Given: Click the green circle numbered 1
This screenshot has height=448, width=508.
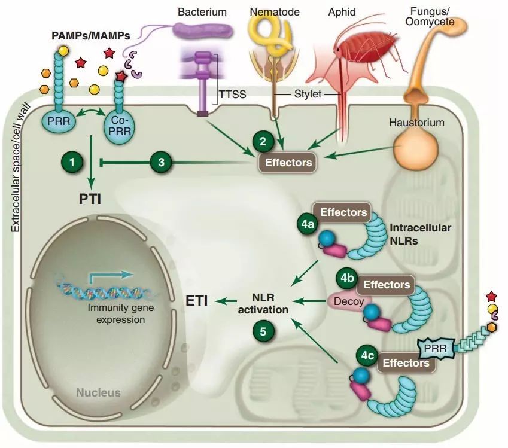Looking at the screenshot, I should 71,161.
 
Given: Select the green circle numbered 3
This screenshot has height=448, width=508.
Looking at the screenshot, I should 160,161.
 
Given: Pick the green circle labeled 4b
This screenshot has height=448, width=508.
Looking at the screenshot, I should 348,279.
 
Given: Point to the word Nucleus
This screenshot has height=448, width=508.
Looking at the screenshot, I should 98,393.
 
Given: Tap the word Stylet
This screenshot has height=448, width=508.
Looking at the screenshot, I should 309,95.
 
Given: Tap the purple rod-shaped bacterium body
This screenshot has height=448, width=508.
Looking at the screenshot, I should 203,29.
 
